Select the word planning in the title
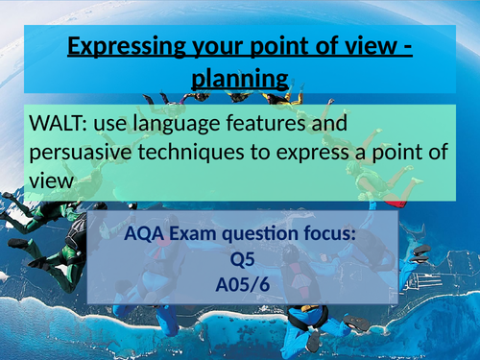[239, 77]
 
